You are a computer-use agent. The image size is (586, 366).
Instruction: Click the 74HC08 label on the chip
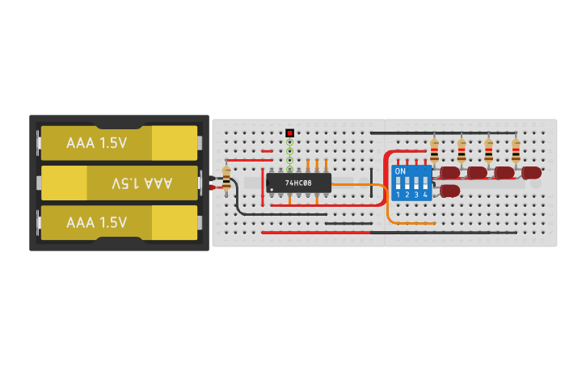(x=299, y=183)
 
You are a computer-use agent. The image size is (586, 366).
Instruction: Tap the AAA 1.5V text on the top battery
(x=96, y=143)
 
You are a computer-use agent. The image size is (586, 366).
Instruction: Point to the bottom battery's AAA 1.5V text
(x=96, y=222)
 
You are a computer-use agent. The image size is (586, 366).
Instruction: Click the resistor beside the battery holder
(x=226, y=177)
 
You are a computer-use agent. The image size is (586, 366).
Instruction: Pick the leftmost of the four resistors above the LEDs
(x=435, y=149)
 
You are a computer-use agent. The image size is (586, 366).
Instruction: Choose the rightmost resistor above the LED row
(x=516, y=149)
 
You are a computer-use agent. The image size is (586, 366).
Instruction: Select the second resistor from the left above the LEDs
(x=462, y=149)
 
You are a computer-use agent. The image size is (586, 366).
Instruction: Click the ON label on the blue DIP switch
(x=400, y=171)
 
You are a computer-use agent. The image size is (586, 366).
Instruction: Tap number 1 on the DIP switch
(x=398, y=196)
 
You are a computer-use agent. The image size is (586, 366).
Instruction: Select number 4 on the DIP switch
(x=425, y=196)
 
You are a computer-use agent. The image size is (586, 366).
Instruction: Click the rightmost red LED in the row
(x=531, y=172)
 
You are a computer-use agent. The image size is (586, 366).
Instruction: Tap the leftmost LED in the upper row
(x=449, y=172)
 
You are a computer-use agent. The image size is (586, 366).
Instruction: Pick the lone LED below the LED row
(x=449, y=191)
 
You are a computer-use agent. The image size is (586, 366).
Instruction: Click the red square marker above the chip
(x=289, y=133)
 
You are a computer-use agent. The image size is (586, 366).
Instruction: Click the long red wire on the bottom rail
(x=388, y=233)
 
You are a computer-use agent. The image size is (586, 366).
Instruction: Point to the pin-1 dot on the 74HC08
(x=272, y=190)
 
